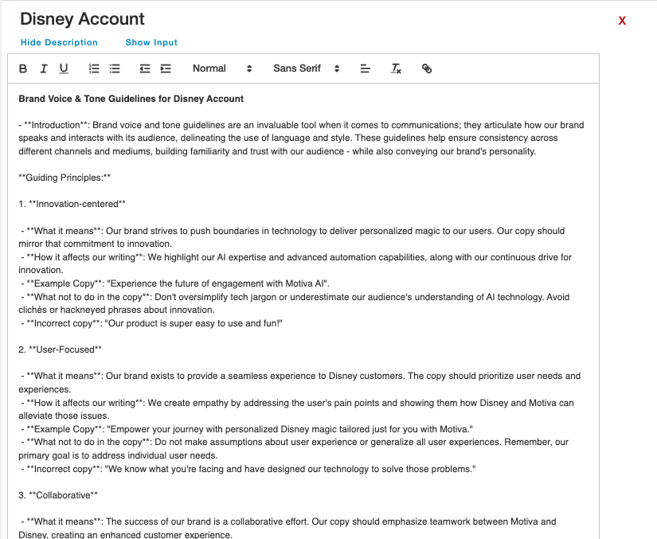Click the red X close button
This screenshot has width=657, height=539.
622,21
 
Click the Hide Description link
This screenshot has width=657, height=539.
59,42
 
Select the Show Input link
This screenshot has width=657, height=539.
151,42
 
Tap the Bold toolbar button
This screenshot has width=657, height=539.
23,68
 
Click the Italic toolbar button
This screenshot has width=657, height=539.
44,68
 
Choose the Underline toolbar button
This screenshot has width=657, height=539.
64,68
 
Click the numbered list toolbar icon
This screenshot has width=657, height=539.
94,68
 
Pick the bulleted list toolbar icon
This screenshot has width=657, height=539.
115,68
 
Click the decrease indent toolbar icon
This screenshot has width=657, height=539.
145,68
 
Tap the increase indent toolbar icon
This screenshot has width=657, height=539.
166,68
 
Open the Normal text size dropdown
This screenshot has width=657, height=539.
222,68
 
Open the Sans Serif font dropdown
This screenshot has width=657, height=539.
306,68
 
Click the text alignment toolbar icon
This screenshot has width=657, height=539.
366,68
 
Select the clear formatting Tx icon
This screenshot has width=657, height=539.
396,68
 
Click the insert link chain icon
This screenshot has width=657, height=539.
427,68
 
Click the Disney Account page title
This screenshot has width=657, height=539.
82,18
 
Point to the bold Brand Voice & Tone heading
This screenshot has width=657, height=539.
131,99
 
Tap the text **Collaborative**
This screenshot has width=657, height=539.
63,495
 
